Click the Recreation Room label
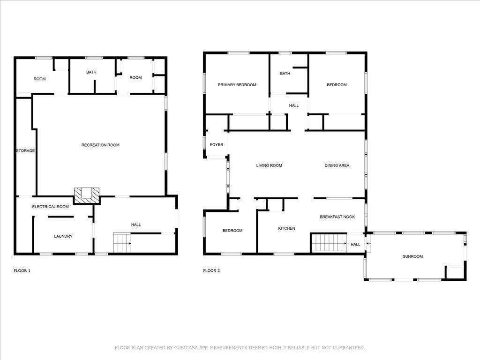point(100,145)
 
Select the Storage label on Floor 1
point(25,150)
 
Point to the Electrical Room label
point(51,207)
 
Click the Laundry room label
point(63,236)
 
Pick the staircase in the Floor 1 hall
point(122,243)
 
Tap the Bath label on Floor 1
point(91,72)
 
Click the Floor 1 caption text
point(22,270)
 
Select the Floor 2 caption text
point(211,270)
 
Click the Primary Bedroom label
point(237,85)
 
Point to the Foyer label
point(217,145)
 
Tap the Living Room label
point(269,165)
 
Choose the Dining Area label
point(337,165)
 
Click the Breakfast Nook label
point(337,217)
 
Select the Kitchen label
point(286,228)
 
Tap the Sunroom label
point(412,256)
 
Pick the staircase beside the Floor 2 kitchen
point(329,243)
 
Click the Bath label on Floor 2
point(285,74)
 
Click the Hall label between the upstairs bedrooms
point(294,105)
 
